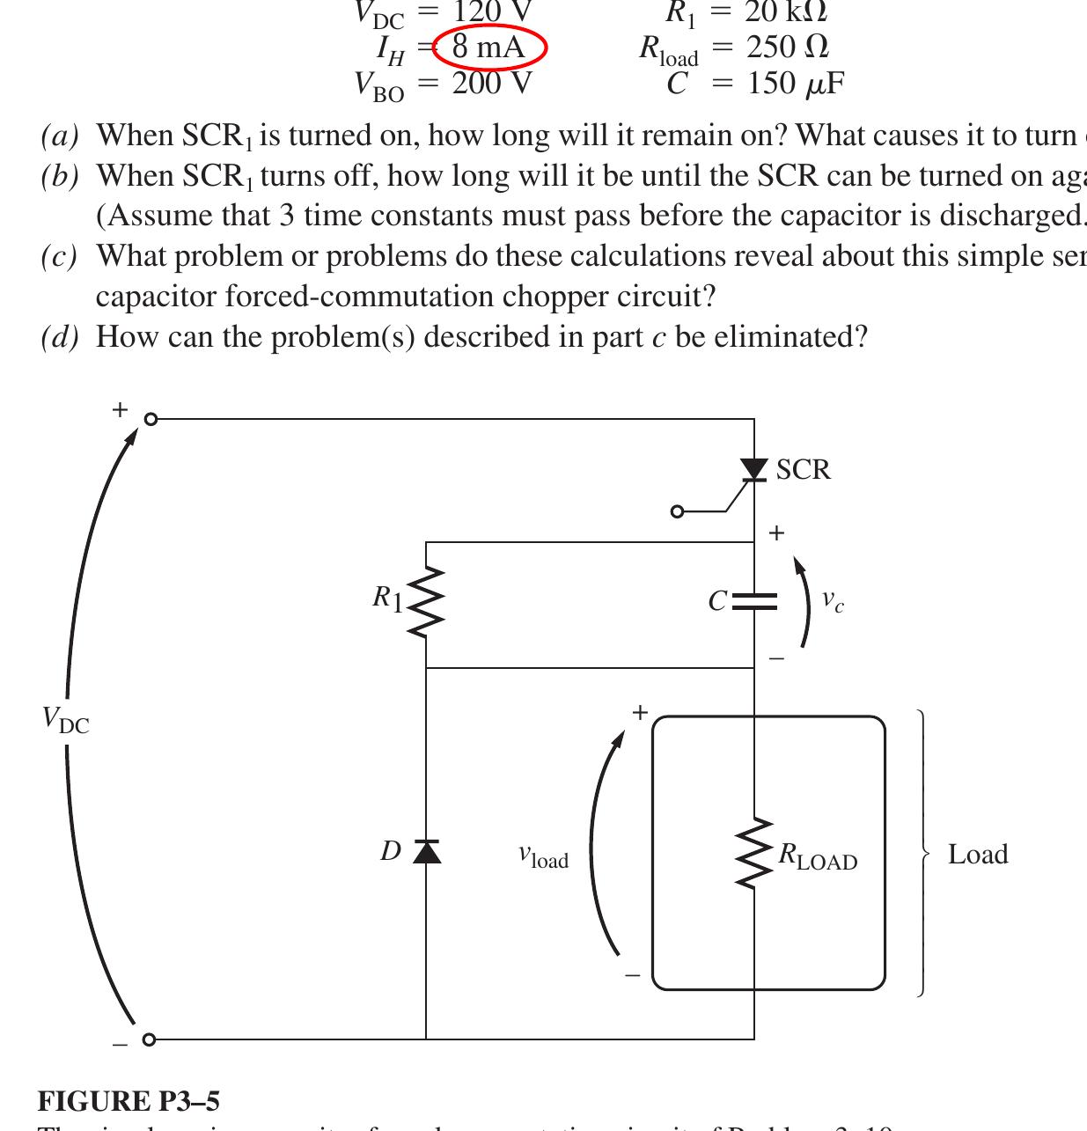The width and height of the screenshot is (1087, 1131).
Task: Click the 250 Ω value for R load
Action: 787,47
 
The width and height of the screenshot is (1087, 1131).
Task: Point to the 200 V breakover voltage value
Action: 492,84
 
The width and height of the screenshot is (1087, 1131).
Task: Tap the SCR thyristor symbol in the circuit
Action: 754,470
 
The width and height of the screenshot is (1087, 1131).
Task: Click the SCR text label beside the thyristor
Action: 803,470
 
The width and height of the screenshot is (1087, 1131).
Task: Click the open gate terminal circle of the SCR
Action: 677,510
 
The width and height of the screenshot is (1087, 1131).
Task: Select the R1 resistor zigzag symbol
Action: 426,602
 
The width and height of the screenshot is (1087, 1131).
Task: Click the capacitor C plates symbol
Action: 754,602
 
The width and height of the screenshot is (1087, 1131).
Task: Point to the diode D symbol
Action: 427,851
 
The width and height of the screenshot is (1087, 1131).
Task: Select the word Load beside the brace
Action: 977,855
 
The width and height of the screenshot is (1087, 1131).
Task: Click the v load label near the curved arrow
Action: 543,856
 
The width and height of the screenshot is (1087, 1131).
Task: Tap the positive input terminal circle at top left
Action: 151,419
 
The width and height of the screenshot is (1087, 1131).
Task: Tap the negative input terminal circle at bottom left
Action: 149,1039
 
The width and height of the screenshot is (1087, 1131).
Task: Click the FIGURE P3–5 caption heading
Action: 129,1101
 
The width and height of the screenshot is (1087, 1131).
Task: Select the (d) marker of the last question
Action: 60,337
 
